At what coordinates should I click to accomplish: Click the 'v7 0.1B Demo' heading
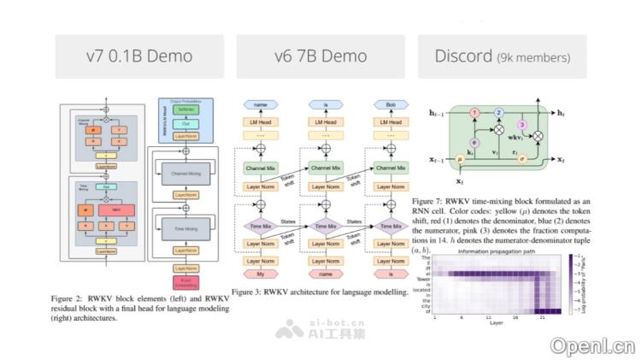pos(139,56)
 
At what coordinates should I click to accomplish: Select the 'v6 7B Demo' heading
pos(320,56)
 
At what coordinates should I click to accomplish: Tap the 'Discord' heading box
pos(502,56)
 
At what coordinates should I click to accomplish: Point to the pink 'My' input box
pos(261,274)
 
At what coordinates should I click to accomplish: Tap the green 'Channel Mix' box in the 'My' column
pos(261,168)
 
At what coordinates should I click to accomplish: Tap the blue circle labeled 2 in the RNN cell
pos(500,111)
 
